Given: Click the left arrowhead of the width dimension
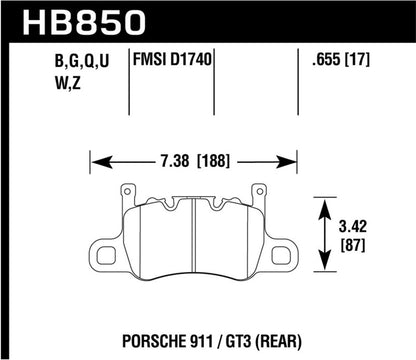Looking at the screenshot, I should pyautogui.click(x=94, y=158).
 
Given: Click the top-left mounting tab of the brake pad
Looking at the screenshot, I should pyautogui.click(x=126, y=192).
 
